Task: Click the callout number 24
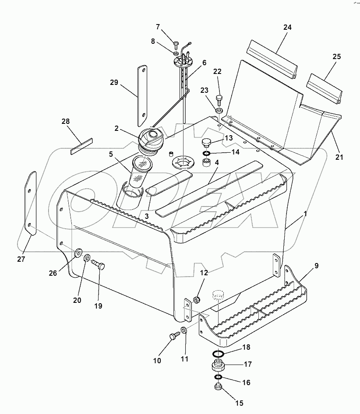click(x=287, y=28)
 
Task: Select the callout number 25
click(x=336, y=57)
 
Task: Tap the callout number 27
click(x=21, y=259)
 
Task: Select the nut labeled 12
click(x=196, y=300)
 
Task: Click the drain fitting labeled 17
click(x=218, y=365)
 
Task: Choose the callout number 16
click(x=246, y=382)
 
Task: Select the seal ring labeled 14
click(x=206, y=154)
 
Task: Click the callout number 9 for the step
click(x=316, y=266)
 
